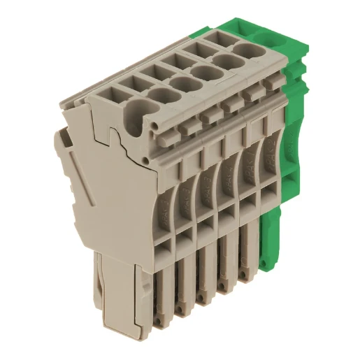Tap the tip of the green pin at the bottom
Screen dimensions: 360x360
(x=264, y=264)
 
